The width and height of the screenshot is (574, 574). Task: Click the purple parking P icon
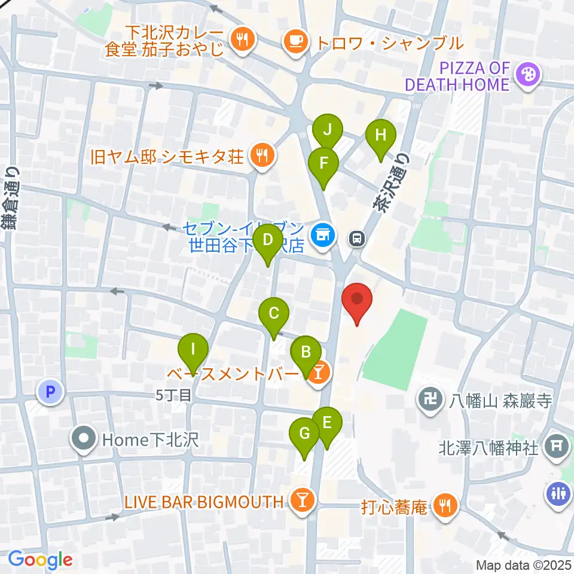coord(51,393)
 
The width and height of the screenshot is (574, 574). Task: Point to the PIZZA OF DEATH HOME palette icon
coord(529,75)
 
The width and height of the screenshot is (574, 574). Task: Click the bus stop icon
coord(357,239)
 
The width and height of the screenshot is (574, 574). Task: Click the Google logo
coord(40,560)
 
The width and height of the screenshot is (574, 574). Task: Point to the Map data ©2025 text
coord(523,564)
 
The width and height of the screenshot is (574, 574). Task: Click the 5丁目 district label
coord(173,395)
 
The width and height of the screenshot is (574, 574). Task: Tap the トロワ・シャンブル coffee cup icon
coord(295,41)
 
